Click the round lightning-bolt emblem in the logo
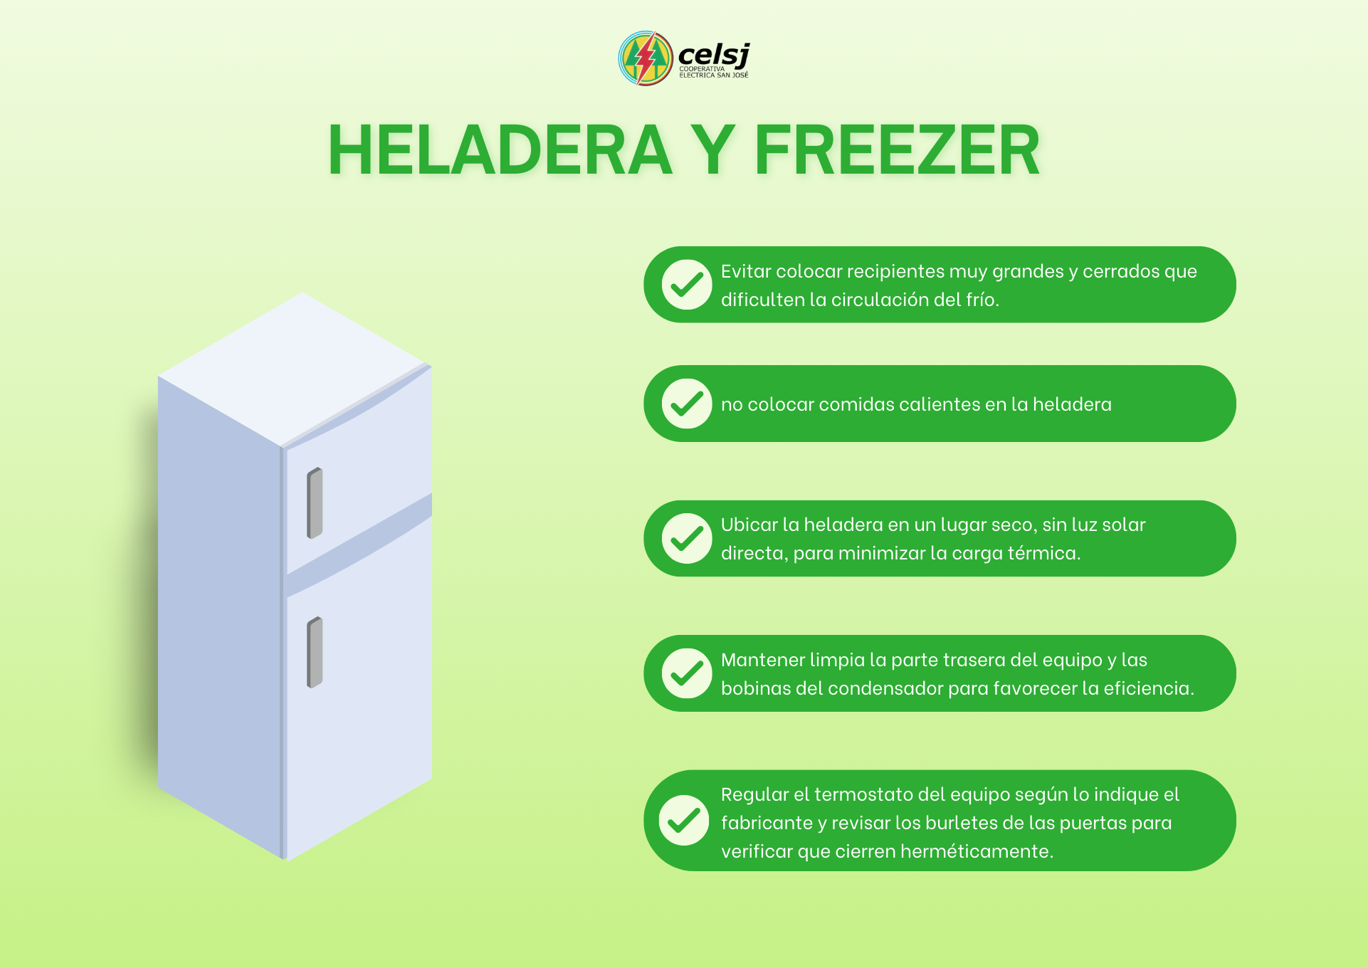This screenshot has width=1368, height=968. coord(646,58)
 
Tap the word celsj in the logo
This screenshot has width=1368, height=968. coord(714,54)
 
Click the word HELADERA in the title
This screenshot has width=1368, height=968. coord(500,150)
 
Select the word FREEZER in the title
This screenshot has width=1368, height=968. coord(897,150)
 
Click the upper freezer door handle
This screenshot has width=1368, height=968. coord(315,503)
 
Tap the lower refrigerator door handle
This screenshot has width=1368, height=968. coord(315,652)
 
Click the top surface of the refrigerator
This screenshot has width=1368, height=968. coord(295,369)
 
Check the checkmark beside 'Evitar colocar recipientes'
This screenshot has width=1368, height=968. coord(687,285)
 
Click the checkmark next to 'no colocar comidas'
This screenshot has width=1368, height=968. coord(687,404)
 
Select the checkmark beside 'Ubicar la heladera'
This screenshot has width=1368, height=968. coord(687,538)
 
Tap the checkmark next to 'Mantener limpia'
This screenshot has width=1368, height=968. coord(687,673)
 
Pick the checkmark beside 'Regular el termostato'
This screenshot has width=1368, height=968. coord(684,820)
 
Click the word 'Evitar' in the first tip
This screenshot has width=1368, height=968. coord(746,271)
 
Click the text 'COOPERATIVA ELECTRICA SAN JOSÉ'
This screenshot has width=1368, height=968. coord(714,72)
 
